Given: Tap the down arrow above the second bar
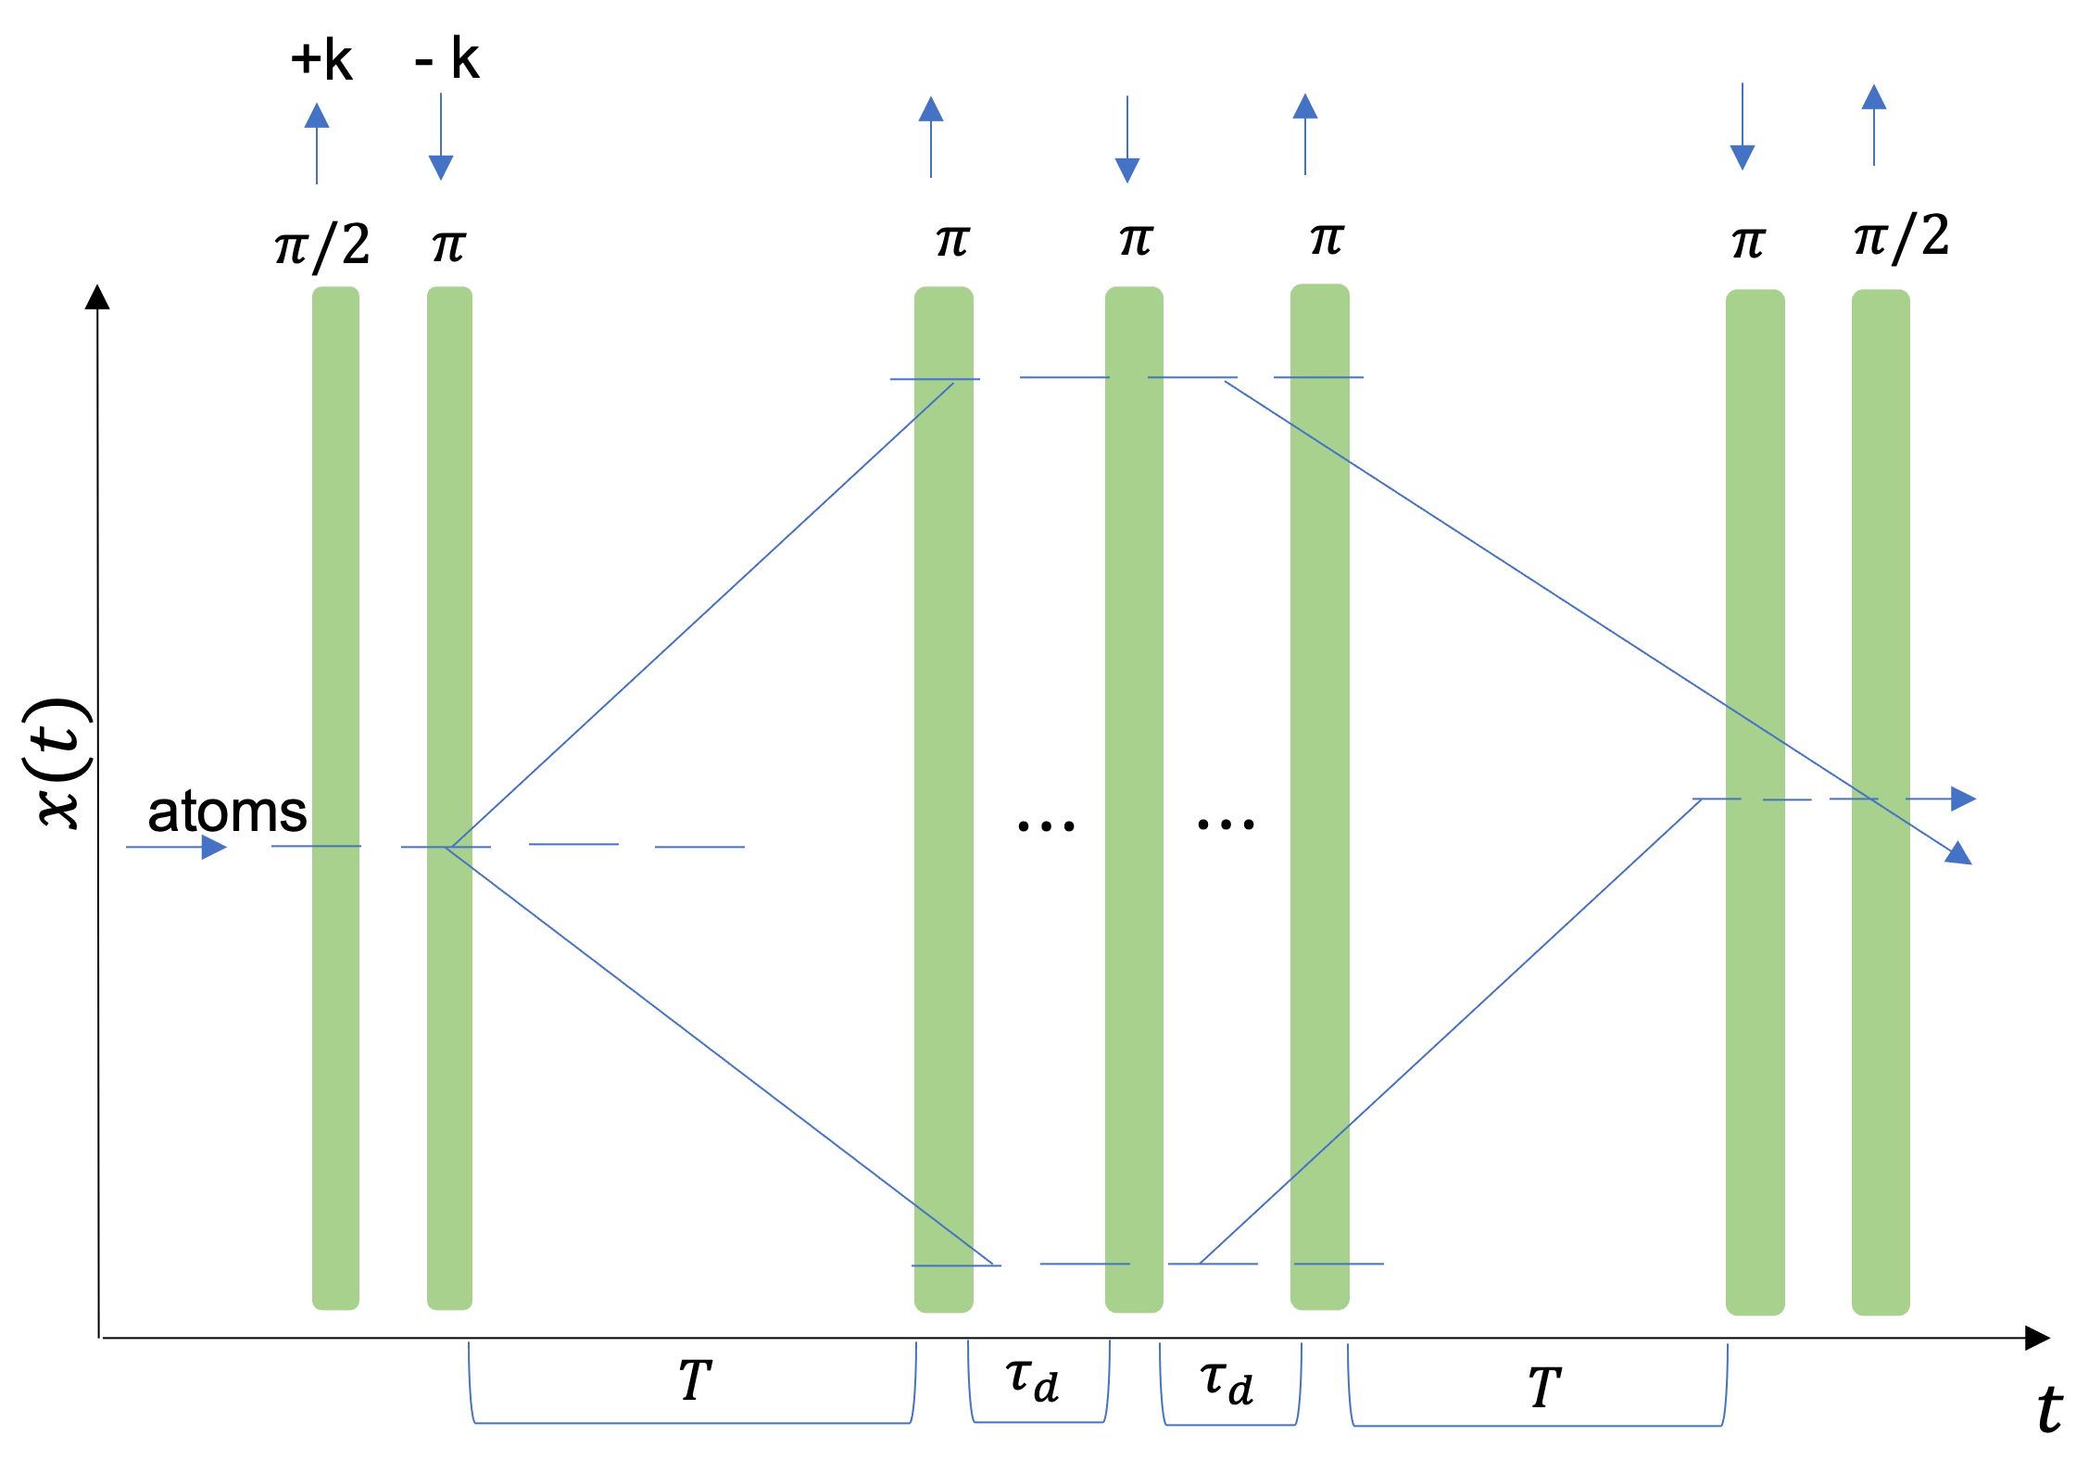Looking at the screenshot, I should click(441, 139).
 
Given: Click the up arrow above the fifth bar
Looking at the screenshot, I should click(1305, 133).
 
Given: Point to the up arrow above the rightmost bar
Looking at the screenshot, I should click(1874, 124).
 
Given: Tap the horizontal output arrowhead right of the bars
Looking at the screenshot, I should click(1962, 799).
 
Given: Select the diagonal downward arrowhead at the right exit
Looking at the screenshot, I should click(1958, 854).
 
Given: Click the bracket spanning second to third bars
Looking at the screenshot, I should click(692, 1422).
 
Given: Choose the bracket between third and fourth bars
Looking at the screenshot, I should click(1038, 1421).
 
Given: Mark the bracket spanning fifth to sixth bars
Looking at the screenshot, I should click(1538, 1425).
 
